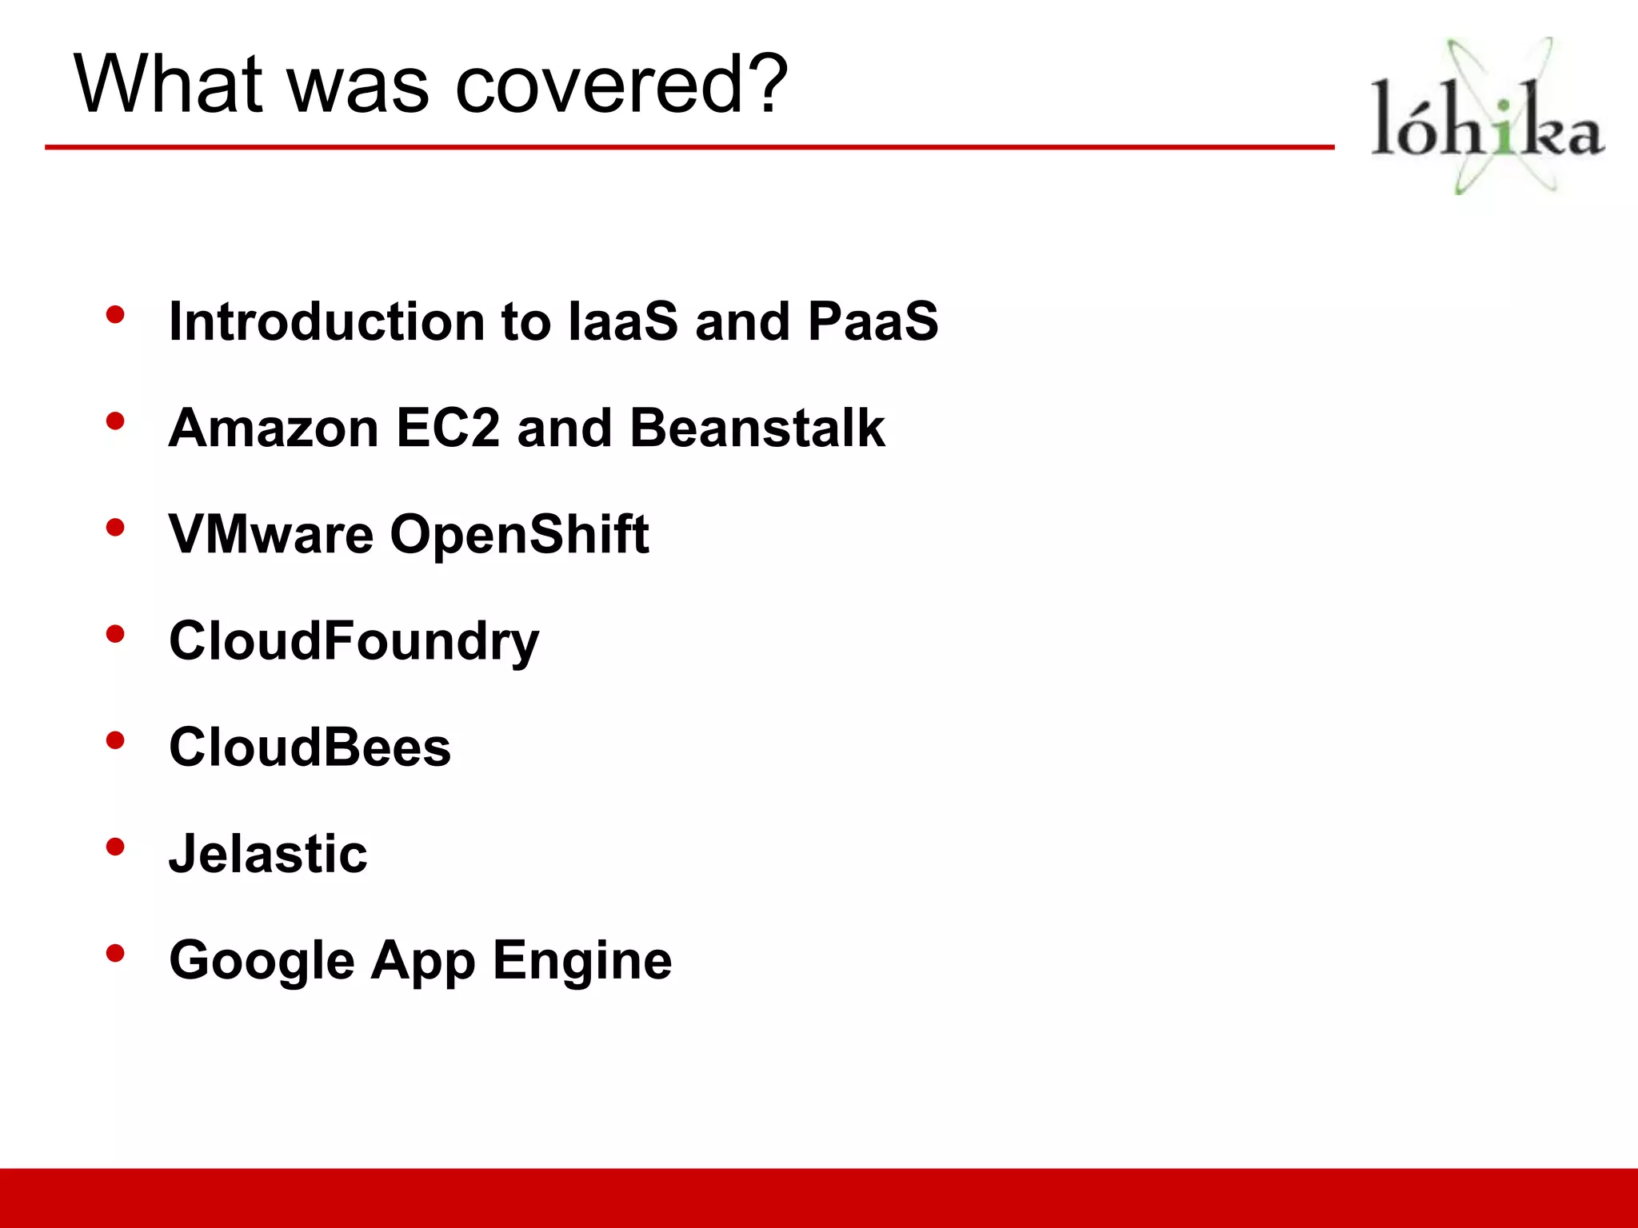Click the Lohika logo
coord(1487,117)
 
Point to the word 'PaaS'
coord(873,321)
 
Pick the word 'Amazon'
coord(274,428)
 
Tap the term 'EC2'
coord(448,428)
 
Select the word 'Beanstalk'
coord(757,428)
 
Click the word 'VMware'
coord(271,534)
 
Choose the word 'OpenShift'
coord(519,534)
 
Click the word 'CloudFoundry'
coord(354,641)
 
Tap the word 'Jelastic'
coord(268,854)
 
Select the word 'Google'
coord(262,961)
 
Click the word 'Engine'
coord(582,961)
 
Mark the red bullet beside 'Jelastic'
coord(115,847)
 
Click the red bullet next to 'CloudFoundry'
coord(115,634)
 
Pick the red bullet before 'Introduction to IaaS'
coord(115,314)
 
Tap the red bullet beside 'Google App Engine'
coord(115,953)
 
